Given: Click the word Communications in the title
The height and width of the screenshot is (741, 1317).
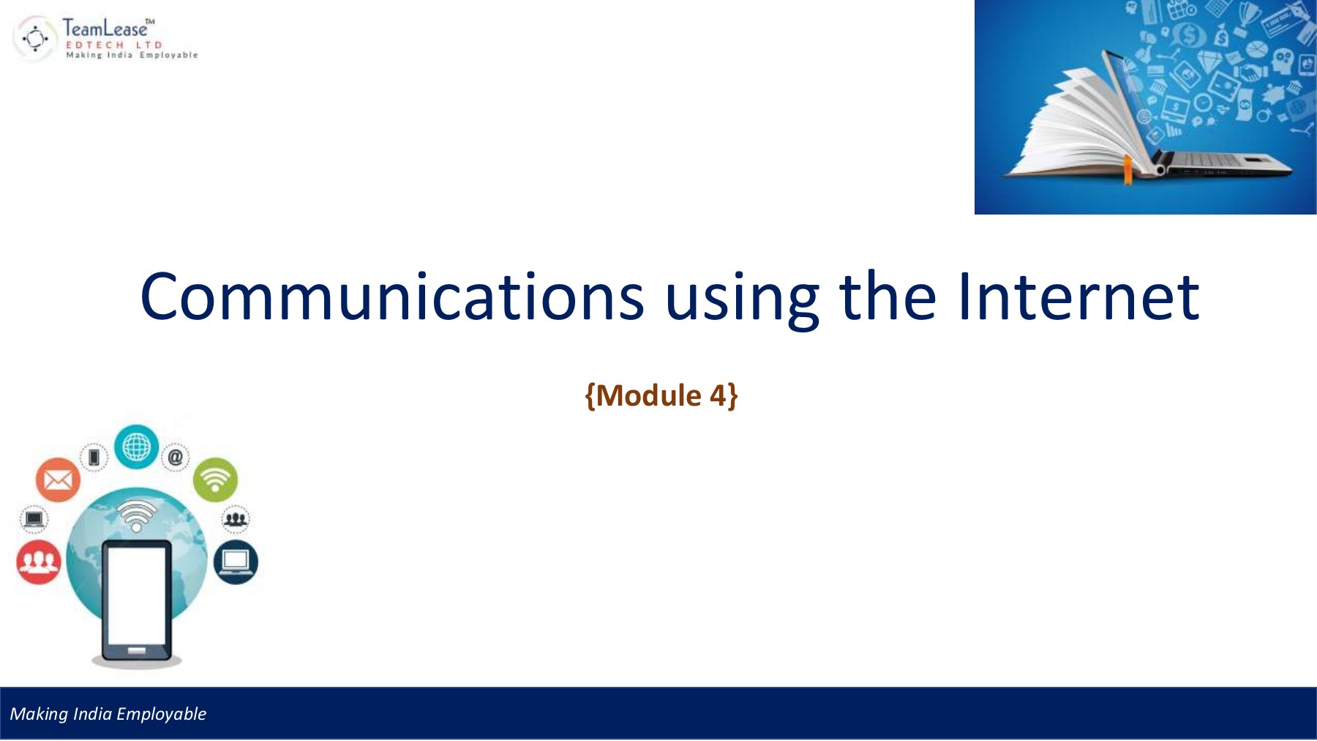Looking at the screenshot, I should [391, 297].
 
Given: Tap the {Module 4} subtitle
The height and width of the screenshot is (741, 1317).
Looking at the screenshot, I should [661, 395].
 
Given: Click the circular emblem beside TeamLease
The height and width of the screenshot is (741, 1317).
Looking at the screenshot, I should [35, 38].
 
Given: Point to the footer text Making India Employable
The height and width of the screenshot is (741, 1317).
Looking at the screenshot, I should [108, 714].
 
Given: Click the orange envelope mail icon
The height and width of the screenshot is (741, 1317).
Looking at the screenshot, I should [58, 480].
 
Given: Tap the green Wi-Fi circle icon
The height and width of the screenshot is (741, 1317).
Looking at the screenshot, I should [215, 480].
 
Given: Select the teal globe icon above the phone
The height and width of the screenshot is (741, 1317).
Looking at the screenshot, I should [136, 447].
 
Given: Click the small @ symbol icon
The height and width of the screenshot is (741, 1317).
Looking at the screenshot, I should [176, 458].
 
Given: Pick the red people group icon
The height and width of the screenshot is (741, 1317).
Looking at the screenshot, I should [38, 562].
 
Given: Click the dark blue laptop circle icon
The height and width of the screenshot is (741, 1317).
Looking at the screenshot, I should [236, 562].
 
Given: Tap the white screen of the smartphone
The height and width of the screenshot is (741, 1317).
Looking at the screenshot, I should [136, 593].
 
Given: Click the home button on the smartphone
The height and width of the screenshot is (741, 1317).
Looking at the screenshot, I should [136, 650].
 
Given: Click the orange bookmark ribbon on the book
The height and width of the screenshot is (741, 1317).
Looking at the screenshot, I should [1128, 170].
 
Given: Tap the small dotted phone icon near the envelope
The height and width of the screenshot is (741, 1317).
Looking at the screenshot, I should [94, 458].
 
